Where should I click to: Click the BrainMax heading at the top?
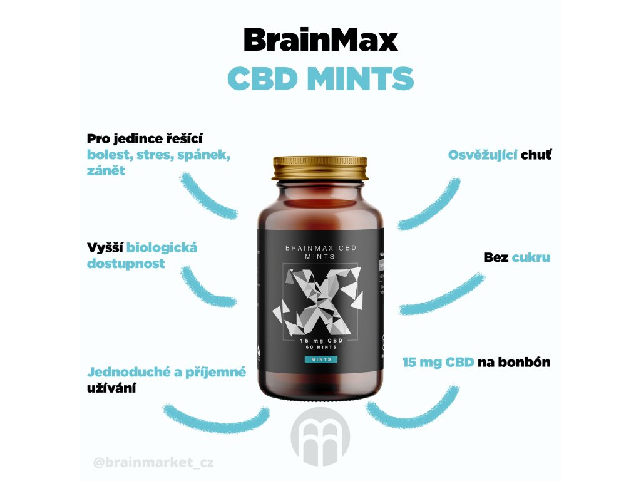point(320,41)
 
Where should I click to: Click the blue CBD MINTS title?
point(320,80)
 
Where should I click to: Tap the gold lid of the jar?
point(320,168)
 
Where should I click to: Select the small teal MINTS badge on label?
point(320,359)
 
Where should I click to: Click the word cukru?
point(531,257)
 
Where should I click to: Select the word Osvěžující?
point(483,155)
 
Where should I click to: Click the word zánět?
point(106,171)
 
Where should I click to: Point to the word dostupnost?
point(126,264)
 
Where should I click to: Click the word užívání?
point(112,388)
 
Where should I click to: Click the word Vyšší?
point(105,247)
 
